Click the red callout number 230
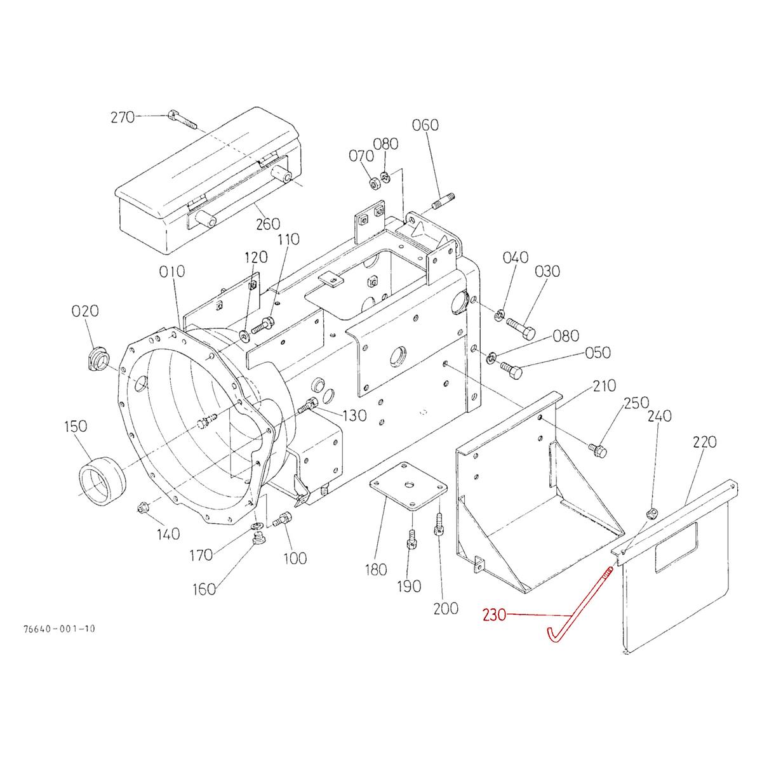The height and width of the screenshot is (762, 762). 495,615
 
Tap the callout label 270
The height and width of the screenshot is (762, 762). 122,117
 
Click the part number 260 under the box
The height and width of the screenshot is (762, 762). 267,224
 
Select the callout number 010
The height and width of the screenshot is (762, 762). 172,272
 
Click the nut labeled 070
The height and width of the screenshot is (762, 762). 375,184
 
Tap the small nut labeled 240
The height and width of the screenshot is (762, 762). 651,513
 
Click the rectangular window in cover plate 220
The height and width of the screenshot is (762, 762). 676,547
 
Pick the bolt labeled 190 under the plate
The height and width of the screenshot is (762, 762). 411,542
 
